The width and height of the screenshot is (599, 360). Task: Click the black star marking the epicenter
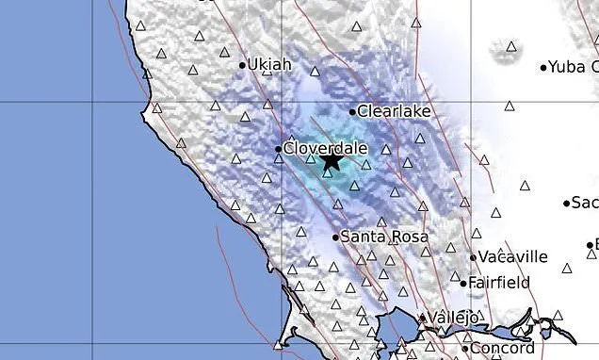click(331, 161)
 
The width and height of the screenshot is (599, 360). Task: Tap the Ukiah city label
click(270, 65)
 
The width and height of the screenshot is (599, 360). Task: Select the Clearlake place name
click(395, 111)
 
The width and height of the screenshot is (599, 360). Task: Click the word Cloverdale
click(324, 148)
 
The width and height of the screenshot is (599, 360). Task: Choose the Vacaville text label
click(512, 256)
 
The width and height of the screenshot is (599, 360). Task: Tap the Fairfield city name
click(500, 282)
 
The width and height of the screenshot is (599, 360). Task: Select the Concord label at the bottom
click(504, 349)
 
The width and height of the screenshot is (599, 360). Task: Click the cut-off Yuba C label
click(574, 67)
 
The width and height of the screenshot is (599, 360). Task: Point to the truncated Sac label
click(586, 203)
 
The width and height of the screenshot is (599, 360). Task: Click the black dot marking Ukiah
click(242, 66)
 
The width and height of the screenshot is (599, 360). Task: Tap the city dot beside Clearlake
click(352, 111)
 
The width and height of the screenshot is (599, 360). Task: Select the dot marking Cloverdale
click(278, 149)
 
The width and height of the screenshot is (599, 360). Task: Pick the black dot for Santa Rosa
click(335, 237)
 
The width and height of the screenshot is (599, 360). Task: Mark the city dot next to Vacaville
click(473, 256)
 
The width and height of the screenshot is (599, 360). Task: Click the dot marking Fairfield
click(463, 282)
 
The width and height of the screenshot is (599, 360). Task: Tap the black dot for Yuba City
click(543, 67)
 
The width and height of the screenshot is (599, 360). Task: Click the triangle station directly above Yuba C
click(511, 45)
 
